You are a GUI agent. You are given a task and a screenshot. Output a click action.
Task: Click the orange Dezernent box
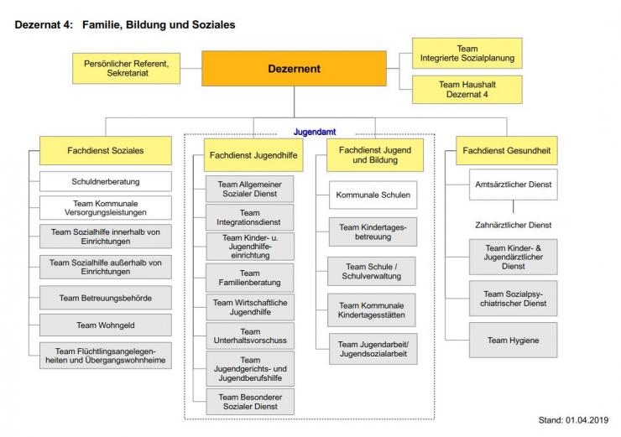tap(294, 69)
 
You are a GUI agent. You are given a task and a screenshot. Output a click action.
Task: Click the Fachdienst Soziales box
tap(106, 151)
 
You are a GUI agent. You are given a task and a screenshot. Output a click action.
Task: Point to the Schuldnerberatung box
tap(106, 180)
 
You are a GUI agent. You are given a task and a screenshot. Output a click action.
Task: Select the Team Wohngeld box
tap(106, 325)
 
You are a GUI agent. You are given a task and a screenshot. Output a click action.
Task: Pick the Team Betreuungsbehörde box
tap(106, 298)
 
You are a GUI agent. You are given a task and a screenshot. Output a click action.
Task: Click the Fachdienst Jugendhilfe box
tap(250, 155)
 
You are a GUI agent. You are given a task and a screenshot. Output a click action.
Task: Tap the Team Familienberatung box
tap(250, 278)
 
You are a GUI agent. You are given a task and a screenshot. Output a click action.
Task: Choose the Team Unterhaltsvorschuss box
tap(250, 337)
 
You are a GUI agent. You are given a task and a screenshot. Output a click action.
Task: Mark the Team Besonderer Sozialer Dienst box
tap(250, 402)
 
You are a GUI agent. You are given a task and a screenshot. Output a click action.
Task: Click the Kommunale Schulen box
tap(373, 195)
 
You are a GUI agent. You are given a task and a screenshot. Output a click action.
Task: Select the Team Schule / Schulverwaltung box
tap(373, 271)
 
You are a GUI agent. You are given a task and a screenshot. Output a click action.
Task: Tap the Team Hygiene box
tap(513, 341)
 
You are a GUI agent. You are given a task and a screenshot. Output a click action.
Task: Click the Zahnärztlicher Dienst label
tap(512, 225)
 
